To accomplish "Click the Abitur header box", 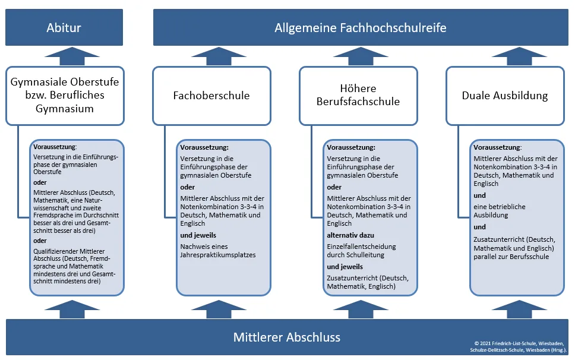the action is click(64, 27).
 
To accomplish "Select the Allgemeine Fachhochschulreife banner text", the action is click(361, 28).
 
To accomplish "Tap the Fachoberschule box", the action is click(211, 96).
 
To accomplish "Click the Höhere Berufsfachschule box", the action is click(358, 96).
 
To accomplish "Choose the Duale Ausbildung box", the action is click(505, 96).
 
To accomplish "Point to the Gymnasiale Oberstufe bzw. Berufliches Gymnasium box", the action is click(65, 96).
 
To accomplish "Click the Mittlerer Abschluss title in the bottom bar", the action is click(287, 337).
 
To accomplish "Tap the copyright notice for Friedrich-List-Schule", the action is click(519, 347).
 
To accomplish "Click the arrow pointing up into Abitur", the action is click(72, 56).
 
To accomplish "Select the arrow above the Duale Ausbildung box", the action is click(519, 56).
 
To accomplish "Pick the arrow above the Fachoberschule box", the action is click(219, 56).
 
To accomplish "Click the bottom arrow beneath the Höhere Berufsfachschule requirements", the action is click(361, 310).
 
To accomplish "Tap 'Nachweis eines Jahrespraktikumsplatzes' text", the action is click(218, 251).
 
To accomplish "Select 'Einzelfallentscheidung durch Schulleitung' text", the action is click(361, 251).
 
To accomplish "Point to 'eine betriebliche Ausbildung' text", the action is click(500, 211).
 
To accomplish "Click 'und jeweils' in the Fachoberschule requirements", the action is click(198, 235).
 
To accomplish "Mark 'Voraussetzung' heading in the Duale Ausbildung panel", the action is click(497, 147).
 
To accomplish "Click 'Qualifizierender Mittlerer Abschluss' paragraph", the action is click(74, 266).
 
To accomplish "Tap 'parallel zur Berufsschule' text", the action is click(511, 257).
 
